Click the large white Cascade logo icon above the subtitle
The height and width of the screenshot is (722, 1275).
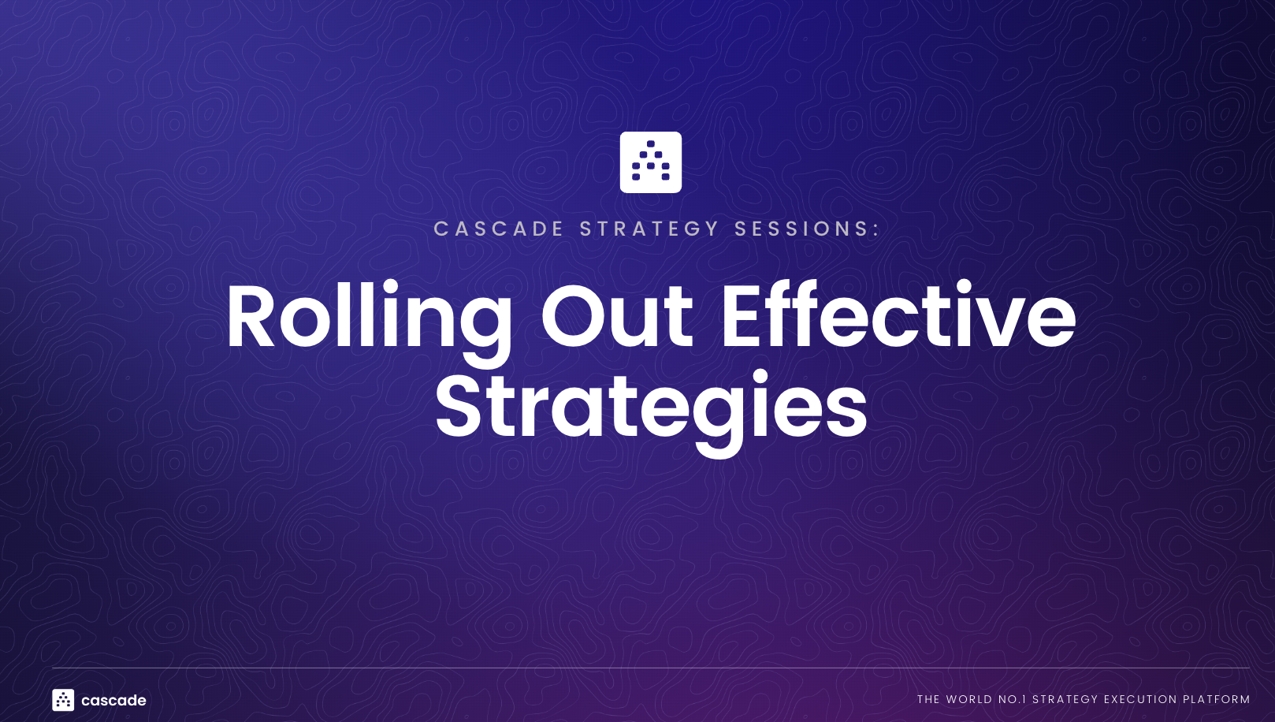tap(650, 162)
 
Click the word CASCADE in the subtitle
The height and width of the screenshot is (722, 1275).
tap(499, 229)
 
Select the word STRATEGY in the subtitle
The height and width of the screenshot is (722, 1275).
tap(649, 229)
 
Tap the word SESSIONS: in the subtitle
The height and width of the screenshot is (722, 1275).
tap(807, 229)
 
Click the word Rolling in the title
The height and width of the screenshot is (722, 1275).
tap(369, 317)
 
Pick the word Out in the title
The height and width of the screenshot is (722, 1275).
tap(616, 317)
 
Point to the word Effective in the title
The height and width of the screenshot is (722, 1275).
tap(898, 317)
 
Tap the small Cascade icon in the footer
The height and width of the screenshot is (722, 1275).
tap(63, 700)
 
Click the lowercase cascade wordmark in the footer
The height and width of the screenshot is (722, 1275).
tap(113, 700)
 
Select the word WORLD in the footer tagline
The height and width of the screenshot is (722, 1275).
tap(969, 699)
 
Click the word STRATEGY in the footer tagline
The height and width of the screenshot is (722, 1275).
tap(1065, 699)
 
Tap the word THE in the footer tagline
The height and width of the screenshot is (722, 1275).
tap(928, 699)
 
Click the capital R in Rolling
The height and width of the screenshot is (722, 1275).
tap(251, 317)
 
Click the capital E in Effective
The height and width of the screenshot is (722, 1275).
tap(743, 317)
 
